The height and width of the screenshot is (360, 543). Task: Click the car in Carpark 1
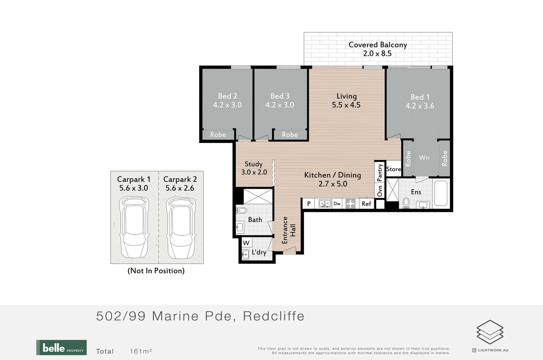pyautogui.click(x=134, y=227)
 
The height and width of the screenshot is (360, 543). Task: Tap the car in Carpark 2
pyautogui.click(x=181, y=227)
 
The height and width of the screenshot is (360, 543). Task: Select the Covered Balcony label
pyautogui.click(x=378, y=45)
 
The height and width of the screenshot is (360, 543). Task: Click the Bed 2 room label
pyautogui.click(x=227, y=96)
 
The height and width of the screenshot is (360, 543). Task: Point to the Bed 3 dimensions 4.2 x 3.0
pyautogui.click(x=280, y=105)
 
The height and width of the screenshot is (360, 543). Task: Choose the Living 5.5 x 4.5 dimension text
pyautogui.click(x=346, y=105)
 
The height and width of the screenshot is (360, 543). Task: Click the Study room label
pyautogui.click(x=254, y=164)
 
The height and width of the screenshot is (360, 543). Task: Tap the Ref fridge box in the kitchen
pyautogui.click(x=366, y=204)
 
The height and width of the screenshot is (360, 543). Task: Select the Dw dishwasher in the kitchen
pyautogui.click(x=337, y=204)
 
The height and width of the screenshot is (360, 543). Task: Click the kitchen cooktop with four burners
pyautogui.click(x=350, y=204)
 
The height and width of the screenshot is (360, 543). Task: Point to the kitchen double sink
pyautogui.click(x=325, y=204)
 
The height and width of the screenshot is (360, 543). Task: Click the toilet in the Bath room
pyautogui.click(x=241, y=210)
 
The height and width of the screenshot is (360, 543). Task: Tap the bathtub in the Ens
pyautogui.click(x=441, y=193)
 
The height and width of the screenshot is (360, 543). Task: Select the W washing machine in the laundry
pyautogui.click(x=246, y=243)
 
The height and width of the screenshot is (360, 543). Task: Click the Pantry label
pyautogui.click(x=380, y=173)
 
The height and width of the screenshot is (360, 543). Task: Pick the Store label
pyautogui.click(x=393, y=169)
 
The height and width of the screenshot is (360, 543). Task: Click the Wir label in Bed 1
pyautogui.click(x=424, y=158)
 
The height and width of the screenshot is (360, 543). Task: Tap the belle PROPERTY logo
pyautogui.click(x=61, y=347)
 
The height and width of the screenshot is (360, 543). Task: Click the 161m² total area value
pyautogui.click(x=141, y=351)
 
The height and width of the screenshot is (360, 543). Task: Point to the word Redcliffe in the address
pyautogui.click(x=274, y=316)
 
